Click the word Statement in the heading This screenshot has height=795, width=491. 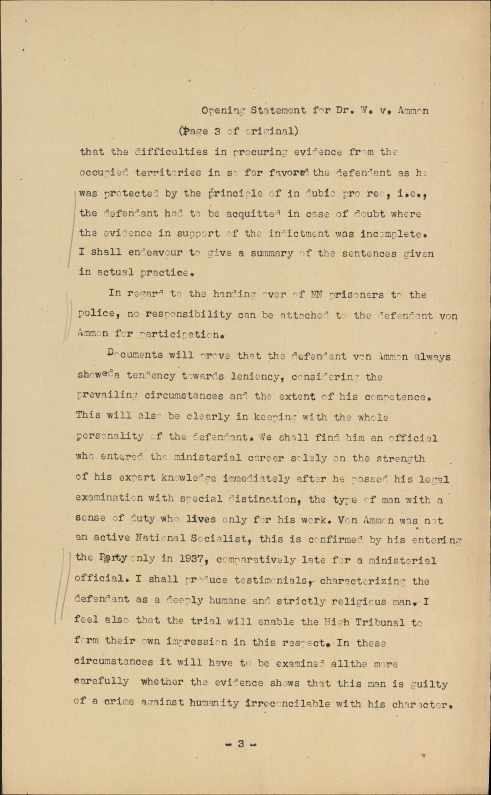click(x=278, y=111)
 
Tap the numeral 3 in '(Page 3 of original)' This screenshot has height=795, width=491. click(x=217, y=131)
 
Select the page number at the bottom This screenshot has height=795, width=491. click(x=240, y=744)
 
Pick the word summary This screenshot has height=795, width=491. click(x=271, y=253)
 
